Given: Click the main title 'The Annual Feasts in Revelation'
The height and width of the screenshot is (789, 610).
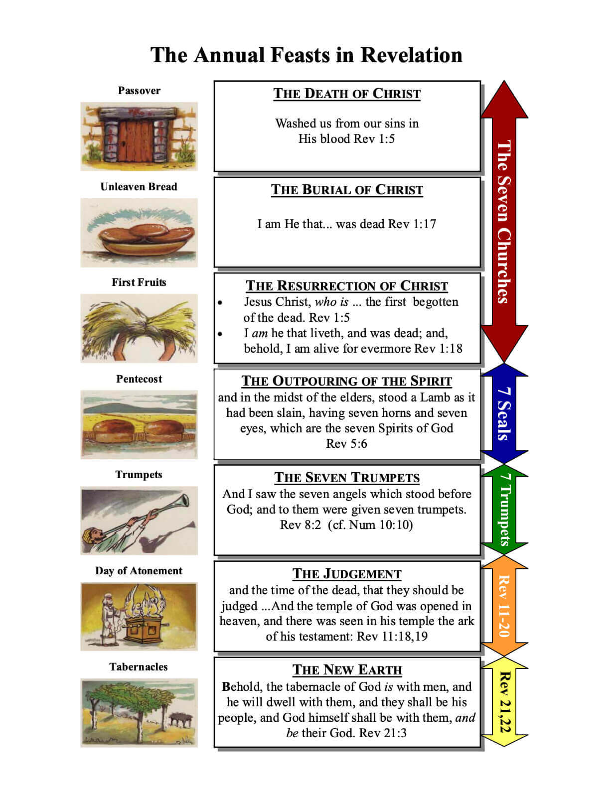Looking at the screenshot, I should pos(306,55).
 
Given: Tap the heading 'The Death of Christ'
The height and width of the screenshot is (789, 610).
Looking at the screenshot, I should pos(347,94).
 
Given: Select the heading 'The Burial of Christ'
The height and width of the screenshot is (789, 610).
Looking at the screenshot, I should pos(347,190).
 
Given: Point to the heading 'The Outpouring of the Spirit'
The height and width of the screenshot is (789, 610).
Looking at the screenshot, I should pos(347,381).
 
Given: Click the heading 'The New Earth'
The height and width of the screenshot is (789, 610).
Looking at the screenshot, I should pos(347,670).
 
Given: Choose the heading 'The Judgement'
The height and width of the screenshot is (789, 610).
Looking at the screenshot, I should pos(347,574).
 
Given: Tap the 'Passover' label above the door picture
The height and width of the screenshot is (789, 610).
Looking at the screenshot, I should pos(139,91).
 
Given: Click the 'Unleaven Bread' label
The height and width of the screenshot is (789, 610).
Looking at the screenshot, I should pos(139,187).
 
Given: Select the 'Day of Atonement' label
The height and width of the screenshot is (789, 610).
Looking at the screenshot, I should pos(139,571).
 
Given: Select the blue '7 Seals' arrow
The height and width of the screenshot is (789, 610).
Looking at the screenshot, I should pos(504,413).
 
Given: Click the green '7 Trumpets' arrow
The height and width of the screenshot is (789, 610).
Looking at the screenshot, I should pos(504,510).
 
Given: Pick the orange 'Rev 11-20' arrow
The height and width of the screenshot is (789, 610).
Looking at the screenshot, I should pos(504,606).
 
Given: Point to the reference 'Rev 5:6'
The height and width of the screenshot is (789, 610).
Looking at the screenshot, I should pos(346,444).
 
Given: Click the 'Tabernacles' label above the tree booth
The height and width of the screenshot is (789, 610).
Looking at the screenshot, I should pos(139,667).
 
